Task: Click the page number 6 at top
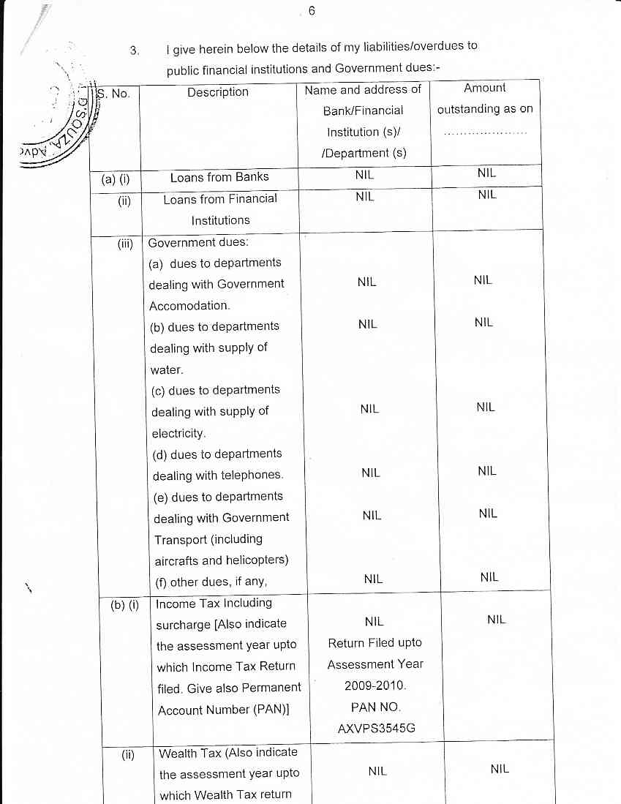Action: pyautogui.click(x=311, y=11)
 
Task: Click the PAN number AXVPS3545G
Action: pyautogui.click(x=375, y=729)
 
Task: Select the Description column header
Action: pyautogui.click(x=217, y=92)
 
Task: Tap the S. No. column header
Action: pyautogui.click(x=114, y=93)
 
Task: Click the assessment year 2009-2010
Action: pyautogui.click(x=375, y=686)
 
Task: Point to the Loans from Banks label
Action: pyautogui.click(x=219, y=177)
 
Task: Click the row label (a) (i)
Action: pyautogui.click(x=115, y=178)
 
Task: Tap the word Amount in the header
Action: pyautogui.click(x=485, y=88)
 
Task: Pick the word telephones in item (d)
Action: pyautogui.click(x=251, y=476)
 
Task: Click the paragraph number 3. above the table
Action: pyautogui.click(x=134, y=50)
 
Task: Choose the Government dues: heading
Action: pyautogui.click(x=192, y=242)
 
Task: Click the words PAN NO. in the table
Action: pyautogui.click(x=375, y=707)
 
